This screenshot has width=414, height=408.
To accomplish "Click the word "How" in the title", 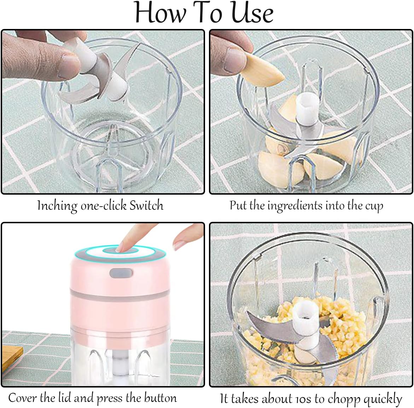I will coord(160,13).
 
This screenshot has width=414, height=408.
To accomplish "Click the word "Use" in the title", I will coord(252,13).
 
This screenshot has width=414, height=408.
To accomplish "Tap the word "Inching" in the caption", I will coord(57,206).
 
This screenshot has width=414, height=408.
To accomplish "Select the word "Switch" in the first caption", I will coord(146,205).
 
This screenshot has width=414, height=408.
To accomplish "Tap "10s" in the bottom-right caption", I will coord(302,398).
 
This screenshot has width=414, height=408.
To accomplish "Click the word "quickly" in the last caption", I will coord(383,399).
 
